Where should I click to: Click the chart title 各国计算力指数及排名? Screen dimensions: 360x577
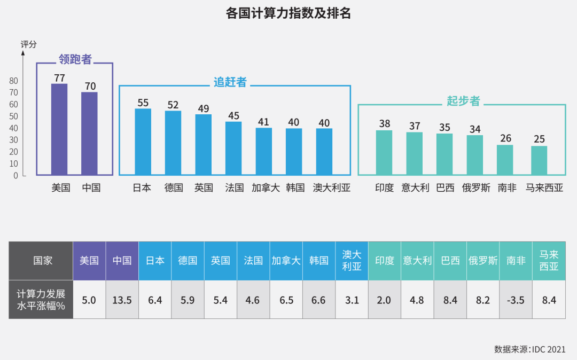(288, 13)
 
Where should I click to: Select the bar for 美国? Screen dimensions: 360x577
(59, 129)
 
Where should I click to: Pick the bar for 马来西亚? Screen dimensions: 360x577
(539, 160)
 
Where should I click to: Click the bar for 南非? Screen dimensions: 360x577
(505, 160)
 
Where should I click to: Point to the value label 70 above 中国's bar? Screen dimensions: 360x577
(90, 86)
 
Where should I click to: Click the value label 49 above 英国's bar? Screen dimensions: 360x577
(203, 108)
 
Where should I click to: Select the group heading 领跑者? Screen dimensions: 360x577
(75, 59)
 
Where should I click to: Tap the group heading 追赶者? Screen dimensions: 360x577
(230, 82)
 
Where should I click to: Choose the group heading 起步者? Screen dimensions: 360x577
(463, 101)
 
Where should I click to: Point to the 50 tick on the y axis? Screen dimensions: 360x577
(13, 116)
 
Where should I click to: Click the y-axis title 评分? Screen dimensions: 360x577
(29, 44)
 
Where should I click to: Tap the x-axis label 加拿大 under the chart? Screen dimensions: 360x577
(266, 188)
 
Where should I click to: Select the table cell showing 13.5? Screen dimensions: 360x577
(122, 300)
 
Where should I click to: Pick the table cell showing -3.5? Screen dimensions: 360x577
(516, 300)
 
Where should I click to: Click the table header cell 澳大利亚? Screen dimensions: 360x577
(352, 261)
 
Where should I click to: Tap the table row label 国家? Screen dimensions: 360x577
(43, 261)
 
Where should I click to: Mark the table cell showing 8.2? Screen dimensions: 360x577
(483, 300)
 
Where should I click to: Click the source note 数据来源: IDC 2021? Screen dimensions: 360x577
(529, 349)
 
